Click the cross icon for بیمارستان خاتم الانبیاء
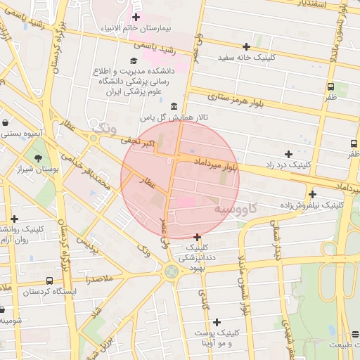[x=136, y=17]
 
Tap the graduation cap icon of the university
[x=134, y=60]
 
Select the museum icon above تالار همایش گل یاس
[x=174, y=105]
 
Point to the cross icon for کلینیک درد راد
[x=288, y=153]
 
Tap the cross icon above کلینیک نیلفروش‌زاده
[x=312, y=194]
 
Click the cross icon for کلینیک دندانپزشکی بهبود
[x=197, y=237]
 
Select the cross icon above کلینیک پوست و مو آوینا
[x=217, y=321]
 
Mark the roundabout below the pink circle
[x=171, y=271]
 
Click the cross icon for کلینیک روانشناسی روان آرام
[x=14, y=219]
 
